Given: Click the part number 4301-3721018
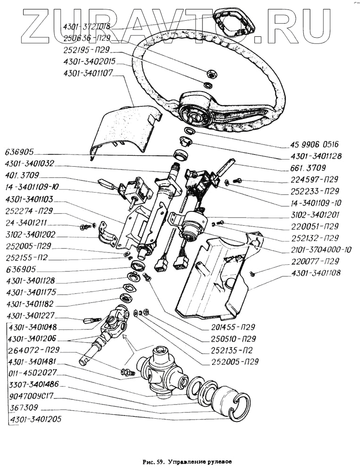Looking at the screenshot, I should (86, 27).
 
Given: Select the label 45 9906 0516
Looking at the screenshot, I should (315, 144).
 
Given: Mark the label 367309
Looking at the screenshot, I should (23, 407).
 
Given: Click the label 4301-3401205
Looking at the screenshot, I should (35, 419).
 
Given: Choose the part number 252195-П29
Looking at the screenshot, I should (86, 50).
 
